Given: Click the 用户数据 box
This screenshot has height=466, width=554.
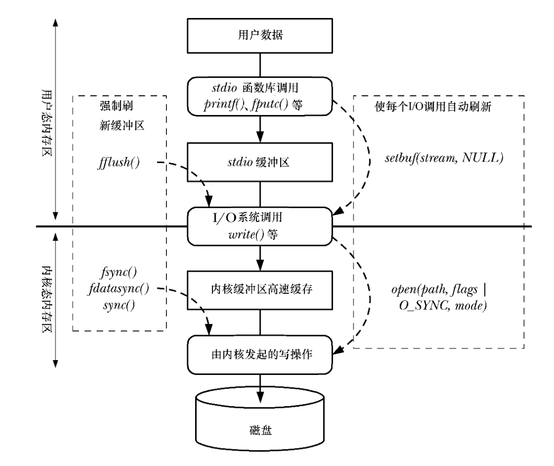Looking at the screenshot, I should tap(260, 37).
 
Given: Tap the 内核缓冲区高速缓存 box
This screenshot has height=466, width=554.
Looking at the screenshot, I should tap(260, 289).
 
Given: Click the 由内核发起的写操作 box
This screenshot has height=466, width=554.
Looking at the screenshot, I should tap(260, 353).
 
